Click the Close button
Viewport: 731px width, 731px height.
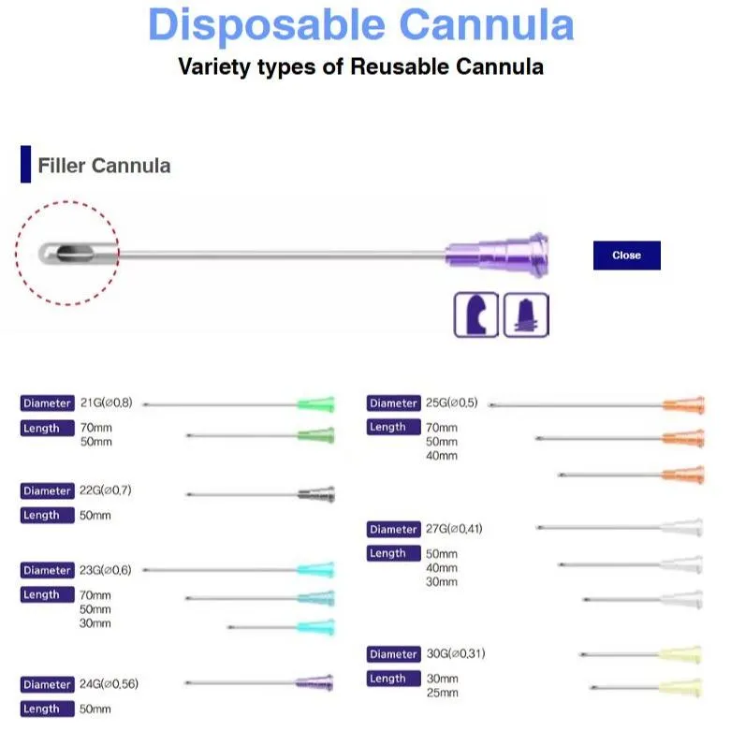click(626, 256)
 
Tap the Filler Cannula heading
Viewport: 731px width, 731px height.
click(104, 167)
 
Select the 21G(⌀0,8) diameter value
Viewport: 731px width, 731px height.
click(109, 403)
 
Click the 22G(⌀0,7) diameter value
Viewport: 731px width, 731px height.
click(109, 490)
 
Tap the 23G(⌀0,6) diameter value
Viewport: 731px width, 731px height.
click(109, 570)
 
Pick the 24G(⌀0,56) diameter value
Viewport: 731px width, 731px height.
click(112, 684)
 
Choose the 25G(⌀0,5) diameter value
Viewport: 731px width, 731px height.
click(452, 403)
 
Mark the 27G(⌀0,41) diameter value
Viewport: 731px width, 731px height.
click(455, 530)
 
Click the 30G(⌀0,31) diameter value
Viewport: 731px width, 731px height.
click(455, 654)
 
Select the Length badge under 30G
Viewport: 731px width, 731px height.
click(388, 679)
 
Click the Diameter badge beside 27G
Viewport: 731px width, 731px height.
click(393, 530)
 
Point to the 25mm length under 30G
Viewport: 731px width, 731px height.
click(443, 693)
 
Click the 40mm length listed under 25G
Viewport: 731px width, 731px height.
click(443, 456)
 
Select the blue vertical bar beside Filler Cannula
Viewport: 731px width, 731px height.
click(25, 165)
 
